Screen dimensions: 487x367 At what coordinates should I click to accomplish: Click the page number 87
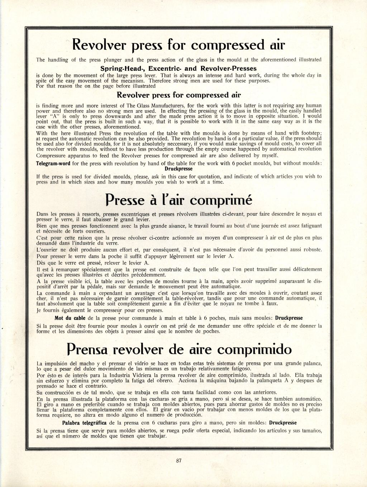click(179, 462)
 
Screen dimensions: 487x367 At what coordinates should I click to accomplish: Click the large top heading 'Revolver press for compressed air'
click(178, 46)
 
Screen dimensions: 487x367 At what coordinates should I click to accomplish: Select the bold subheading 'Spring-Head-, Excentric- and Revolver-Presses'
click(178, 68)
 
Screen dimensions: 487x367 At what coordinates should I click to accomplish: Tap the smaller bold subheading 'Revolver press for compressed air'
click(178, 95)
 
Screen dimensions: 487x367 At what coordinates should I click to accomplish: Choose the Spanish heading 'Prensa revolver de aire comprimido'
click(179, 349)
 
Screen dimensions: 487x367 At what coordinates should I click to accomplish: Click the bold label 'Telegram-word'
click(53, 164)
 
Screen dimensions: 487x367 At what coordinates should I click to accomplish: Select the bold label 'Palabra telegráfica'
click(84, 423)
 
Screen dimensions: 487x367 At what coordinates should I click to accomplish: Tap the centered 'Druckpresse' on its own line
click(178, 169)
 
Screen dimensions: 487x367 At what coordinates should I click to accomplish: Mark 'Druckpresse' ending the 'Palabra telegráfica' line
click(283, 423)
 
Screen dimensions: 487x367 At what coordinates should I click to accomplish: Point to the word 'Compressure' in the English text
click(51, 156)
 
